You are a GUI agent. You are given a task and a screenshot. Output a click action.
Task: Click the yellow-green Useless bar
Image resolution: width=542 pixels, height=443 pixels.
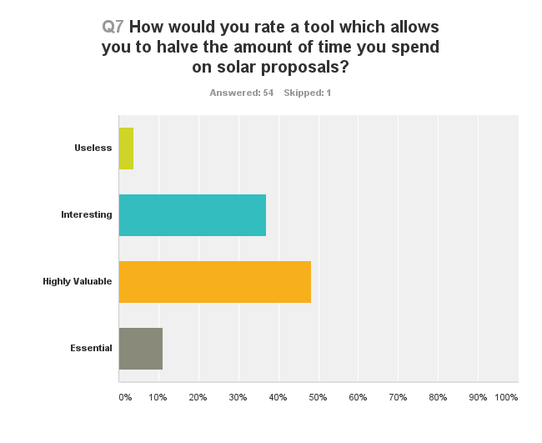(126, 149)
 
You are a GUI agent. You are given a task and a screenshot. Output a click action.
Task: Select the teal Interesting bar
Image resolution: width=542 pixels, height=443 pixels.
(193, 215)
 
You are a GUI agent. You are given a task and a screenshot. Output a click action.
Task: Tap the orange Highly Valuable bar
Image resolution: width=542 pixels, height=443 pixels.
(215, 282)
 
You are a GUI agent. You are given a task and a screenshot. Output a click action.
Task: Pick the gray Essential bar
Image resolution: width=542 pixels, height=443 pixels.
(141, 349)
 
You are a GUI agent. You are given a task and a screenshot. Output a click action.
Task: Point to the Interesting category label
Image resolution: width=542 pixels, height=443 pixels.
(86, 214)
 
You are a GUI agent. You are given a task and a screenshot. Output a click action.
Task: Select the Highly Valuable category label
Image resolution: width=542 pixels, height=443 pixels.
(78, 281)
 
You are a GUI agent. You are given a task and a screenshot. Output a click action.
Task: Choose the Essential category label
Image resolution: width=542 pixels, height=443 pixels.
(91, 348)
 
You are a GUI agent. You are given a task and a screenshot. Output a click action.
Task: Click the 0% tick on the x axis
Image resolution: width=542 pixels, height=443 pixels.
(124, 397)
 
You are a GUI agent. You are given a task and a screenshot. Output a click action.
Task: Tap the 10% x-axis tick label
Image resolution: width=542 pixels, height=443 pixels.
(158, 397)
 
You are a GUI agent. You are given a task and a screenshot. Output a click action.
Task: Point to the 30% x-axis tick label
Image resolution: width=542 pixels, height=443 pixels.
(238, 397)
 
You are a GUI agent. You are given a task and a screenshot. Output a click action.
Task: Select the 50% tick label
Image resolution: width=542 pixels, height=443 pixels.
(318, 397)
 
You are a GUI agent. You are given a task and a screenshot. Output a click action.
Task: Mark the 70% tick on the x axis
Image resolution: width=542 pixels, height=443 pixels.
(398, 397)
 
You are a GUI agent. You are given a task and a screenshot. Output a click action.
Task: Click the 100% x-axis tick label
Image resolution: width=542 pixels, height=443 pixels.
(506, 397)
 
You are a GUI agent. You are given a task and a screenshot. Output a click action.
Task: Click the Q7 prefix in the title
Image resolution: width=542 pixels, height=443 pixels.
(113, 27)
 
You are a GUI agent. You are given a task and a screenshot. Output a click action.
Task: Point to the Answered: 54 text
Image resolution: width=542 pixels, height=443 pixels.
(242, 93)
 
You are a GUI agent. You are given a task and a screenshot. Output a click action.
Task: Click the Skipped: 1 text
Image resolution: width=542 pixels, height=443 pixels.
(307, 93)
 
